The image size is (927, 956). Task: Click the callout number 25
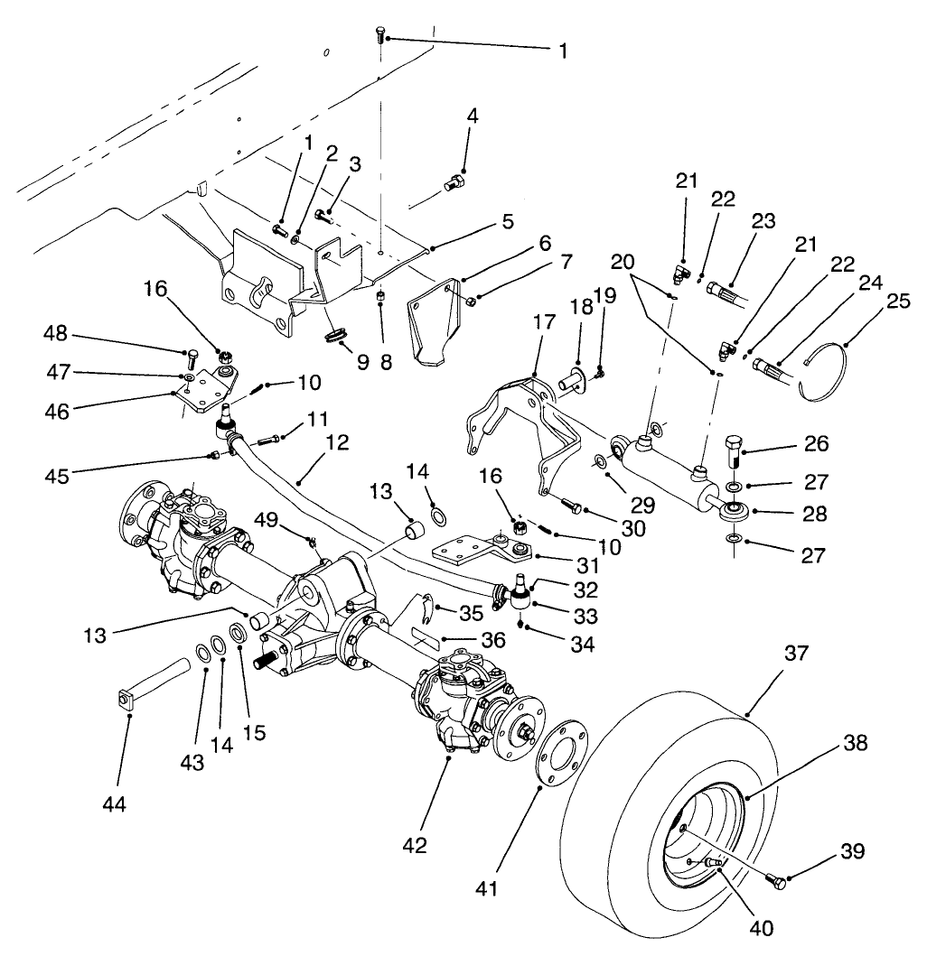508,221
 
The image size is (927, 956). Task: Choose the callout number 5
508,221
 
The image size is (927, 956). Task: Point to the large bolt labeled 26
734,450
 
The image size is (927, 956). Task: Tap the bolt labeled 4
454,187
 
